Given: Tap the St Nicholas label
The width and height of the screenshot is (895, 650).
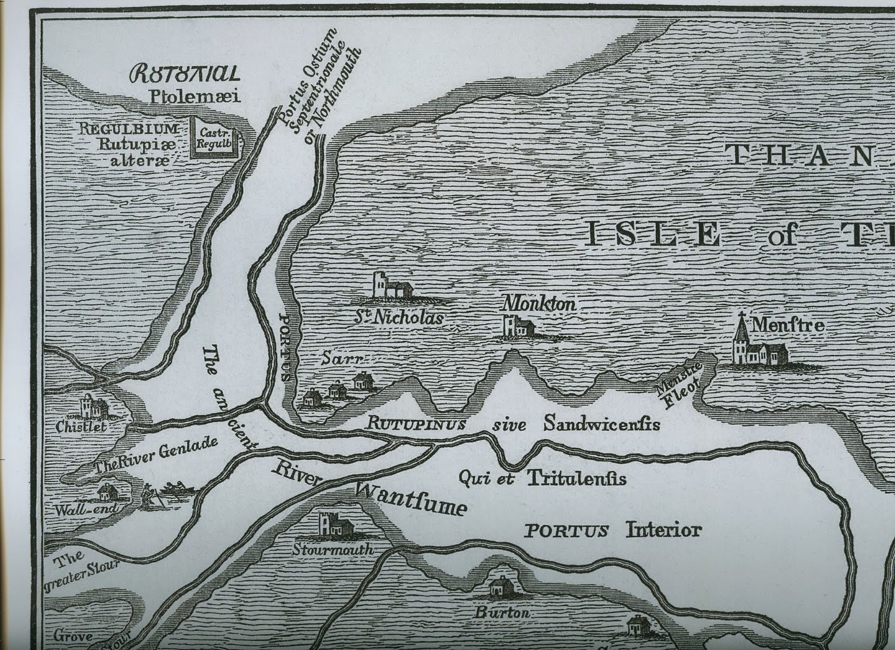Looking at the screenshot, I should (399, 317).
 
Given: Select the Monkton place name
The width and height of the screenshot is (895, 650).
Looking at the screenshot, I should (539, 304).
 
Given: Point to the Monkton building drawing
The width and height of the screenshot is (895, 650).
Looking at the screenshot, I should (518, 327).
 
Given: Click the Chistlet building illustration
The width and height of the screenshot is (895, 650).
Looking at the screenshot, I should (94, 406).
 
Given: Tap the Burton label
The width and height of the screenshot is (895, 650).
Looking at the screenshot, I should (501, 612).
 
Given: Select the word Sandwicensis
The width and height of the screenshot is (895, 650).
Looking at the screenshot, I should (601, 424).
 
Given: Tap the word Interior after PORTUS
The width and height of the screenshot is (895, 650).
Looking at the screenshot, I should (663, 530).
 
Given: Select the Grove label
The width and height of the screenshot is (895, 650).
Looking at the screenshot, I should (73, 635).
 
